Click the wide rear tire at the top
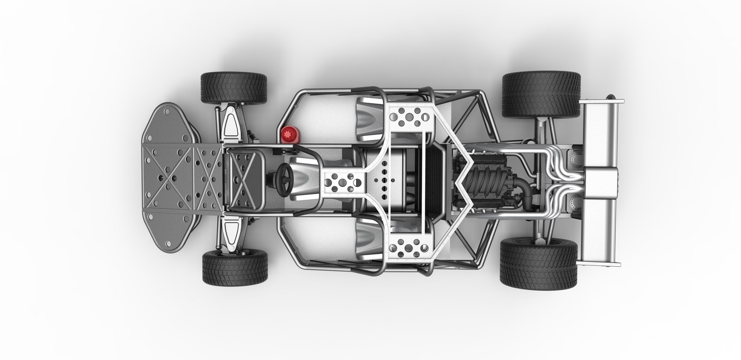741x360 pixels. [541, 95]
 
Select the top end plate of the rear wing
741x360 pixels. [602, 101]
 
